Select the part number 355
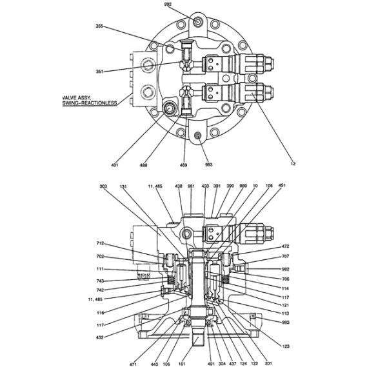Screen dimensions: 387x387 tap(99, 26)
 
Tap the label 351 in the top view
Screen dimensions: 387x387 tap(99, 71)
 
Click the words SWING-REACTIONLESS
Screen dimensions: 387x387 tap(89, 103)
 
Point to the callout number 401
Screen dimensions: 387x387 tap(114, 165)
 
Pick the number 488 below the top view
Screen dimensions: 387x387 tap(143, 165)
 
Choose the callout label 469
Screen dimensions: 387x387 tap(183, 165)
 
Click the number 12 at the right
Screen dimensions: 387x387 tap(292, 164)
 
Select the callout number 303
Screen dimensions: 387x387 tap(103, 186)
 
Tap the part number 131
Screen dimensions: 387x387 tap(123, 186)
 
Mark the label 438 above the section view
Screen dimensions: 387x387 tap(178, 186)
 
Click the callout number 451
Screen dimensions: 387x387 tap(281, 186)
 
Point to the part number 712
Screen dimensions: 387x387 tap(100, 244)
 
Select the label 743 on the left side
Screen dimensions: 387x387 tap(100, 281)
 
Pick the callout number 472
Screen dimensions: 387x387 tap(286, 246)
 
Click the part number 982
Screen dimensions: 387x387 tap(286, 268)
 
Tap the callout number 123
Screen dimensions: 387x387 tap(286, 346)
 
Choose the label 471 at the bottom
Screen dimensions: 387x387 tap(133, 364)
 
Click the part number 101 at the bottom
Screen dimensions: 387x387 tap(182, 364)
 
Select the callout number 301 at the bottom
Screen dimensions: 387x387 tap(268, 364)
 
